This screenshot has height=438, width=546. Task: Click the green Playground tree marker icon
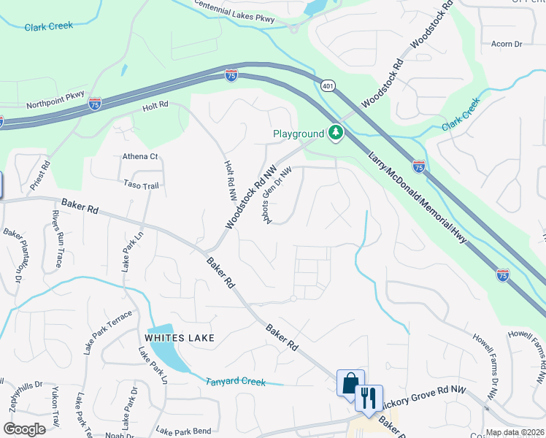(336, 133)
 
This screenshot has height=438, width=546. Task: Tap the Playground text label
(298, 134)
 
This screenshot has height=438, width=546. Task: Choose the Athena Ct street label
(140, 156)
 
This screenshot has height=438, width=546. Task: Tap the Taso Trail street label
(141, 185)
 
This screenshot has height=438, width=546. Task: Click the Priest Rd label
(40, 176)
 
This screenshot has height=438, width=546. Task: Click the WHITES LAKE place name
(180, 337)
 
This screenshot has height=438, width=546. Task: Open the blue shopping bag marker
(350, 383)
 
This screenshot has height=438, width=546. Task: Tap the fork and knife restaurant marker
(369, 398)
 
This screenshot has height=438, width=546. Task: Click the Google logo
(24, 429)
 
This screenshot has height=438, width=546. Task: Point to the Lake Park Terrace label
(108, 332)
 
